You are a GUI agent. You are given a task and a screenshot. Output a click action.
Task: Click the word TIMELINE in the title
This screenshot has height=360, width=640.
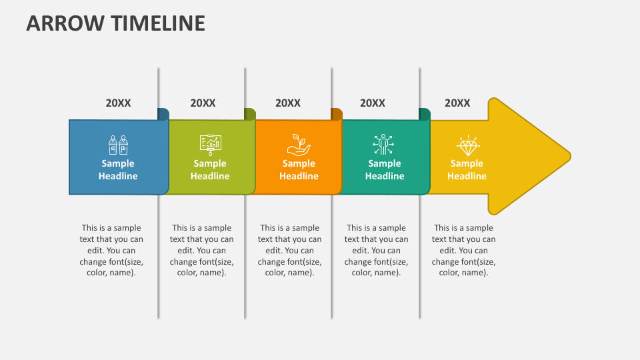coord(158,23)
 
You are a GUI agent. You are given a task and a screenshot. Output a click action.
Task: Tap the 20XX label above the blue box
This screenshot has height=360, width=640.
coord(118,103)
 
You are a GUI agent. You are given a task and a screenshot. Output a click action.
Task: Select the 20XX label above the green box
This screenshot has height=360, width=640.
coord(203,103)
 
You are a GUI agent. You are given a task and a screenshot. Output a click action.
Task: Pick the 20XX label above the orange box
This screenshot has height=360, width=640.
coord(288,103)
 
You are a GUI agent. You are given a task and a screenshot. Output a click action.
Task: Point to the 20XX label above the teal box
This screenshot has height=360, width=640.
coord(373,103)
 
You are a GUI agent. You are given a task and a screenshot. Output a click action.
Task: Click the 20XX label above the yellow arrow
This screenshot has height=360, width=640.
coord(457,103)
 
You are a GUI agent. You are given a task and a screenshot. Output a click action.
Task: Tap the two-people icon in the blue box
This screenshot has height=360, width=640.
coord(118,144)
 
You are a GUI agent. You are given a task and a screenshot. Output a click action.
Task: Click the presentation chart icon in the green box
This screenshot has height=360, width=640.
coord(210,144)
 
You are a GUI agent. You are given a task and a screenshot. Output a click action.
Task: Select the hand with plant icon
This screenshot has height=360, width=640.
coord(299,144)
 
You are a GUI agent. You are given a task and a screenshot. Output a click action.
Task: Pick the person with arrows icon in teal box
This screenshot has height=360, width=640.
coord(384,144)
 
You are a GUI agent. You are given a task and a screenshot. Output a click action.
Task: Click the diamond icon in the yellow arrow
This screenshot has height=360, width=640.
coord(467,145)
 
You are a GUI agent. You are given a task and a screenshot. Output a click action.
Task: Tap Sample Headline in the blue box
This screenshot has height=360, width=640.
coord(118,170)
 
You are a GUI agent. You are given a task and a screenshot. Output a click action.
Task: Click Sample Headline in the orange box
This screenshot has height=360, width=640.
coord(299,170)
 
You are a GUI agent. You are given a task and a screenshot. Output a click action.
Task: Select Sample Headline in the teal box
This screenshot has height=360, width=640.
coord(385,170)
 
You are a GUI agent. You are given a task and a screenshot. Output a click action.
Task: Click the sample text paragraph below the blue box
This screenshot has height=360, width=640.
coord(111,250)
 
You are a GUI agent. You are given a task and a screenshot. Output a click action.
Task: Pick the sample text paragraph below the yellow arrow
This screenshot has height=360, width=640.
coord(463,250)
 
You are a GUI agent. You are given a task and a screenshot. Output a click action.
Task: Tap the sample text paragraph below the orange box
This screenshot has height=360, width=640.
coord(289,250)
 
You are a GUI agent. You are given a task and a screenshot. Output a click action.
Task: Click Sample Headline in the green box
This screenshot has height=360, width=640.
coord(210,170)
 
